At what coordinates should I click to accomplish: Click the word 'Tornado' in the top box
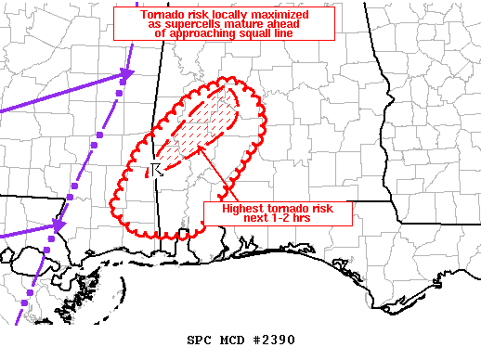click(163, 16)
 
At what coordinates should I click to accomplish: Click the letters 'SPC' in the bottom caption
click(199, 340)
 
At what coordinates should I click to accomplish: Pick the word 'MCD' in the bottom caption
click(231, 340)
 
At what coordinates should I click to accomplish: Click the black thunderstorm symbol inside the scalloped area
click(156, 168)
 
